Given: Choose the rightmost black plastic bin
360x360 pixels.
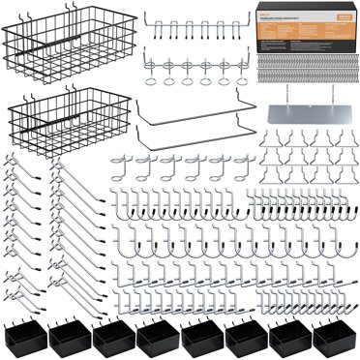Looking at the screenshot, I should click(x=335, y=339).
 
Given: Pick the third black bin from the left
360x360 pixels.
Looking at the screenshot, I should click(x=112, y=339).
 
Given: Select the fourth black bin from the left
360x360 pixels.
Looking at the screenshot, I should click(x=157, y=339).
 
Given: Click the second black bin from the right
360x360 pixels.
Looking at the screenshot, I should click(x=290, y=339).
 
